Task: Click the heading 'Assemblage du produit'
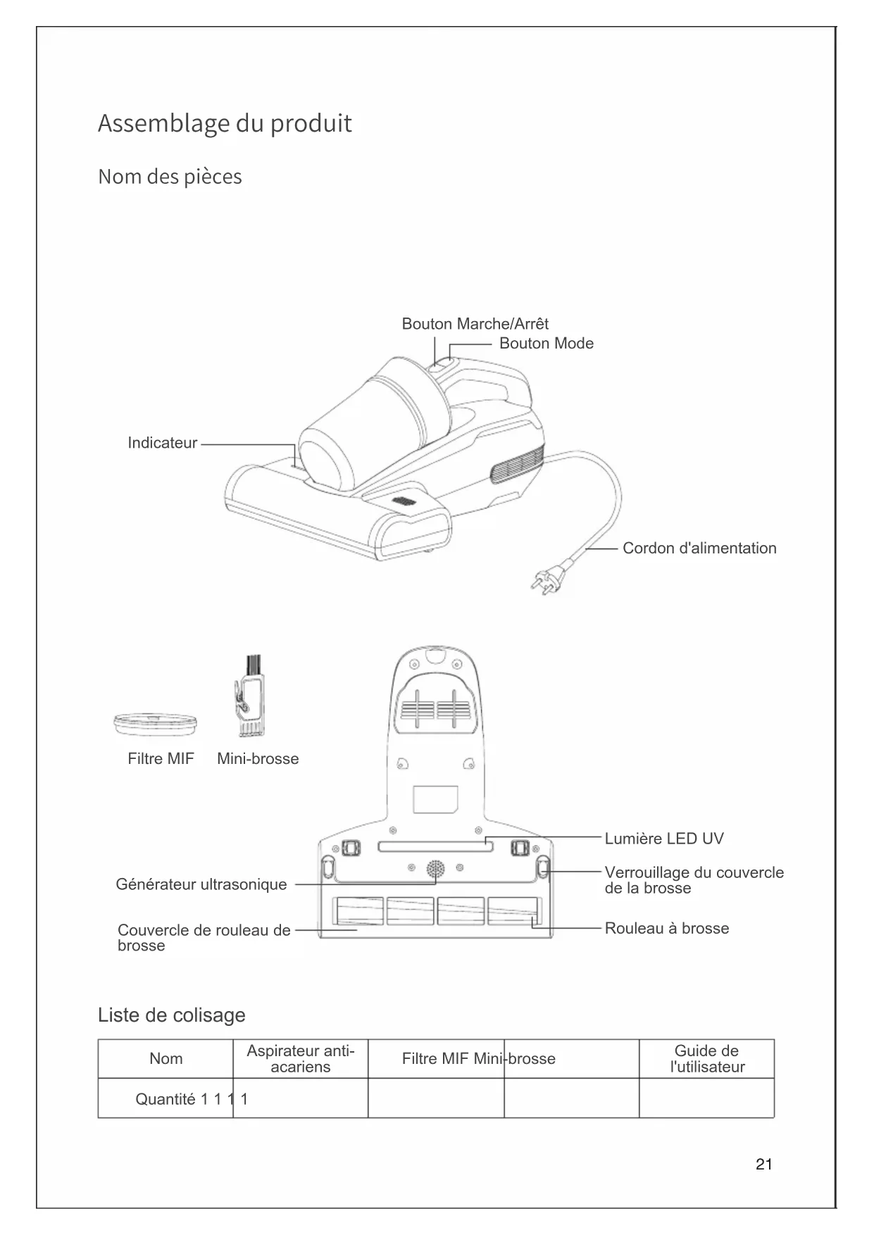click(x=225, y=123)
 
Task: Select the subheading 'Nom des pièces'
click(x=170, y=176)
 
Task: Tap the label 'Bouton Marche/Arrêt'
click(x=475, y=324)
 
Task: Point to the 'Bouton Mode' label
click(x=546, y=344)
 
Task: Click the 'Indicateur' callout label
click(x=162, y=443)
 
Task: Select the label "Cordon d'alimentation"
click(x=699, y=548)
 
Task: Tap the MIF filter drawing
click(x=155, y=723)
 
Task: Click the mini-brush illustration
click(x=249, y=697)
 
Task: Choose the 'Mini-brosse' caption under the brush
click(x=258, y=759)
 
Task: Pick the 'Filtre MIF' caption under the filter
click(x=161, y=759)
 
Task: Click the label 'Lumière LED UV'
click(x=663, y=839)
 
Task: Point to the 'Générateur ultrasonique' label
click(x=201, y=884)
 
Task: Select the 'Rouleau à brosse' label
click(x=666, y=929)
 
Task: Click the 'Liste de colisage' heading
click(x=172, y=1015)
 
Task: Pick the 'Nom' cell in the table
click(x=166, y=1059)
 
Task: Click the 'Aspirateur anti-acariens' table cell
click(x=301, y=1059)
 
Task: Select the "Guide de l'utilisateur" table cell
click(x=706, y=1059)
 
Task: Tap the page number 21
click(x=763, y=1165)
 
